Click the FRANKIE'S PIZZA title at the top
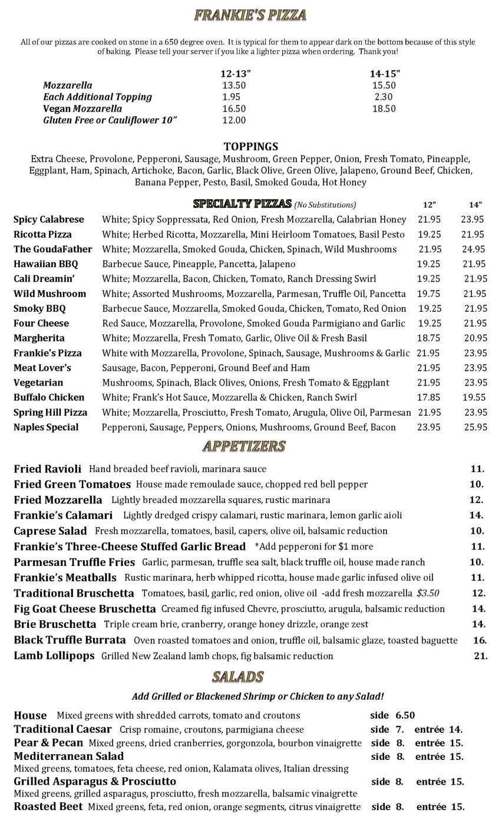pyautogui.click(x=250, y=15)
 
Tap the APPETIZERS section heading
pyautogui.click(x=243, y=446)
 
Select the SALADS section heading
pyautogui.click(x=237, y=676)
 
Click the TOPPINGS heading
pyautogui.click(x=250, y=146)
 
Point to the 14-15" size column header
pyautogui.click(x=384, y=74)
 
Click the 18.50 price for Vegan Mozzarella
pyautogui.click(x=384, y=108)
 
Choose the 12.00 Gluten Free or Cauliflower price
pyautogui.click(x=233, y=120)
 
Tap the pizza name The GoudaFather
pyautogui.click(x=52, y=249)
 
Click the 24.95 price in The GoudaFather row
pyautogui.click(x=474, y=249)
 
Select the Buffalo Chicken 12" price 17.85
pyautogui.click(x=429, y=397)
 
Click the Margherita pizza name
pyautogui.click(x=39, y=338)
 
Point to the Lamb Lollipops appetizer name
pyautogui.click(x=54, y=656)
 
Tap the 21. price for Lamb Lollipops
pyautogui.click(x=480, y=656)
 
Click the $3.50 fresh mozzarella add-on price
pyautogui.click(x=428, y=593)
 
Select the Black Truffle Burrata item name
pyautogui.click(x=70, y=640)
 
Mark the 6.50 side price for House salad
pyautogui.click(x=405, y=715)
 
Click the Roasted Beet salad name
pyautogui.click(x=48, y=807)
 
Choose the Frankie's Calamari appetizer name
pyautogui.click(x=63, y=515)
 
